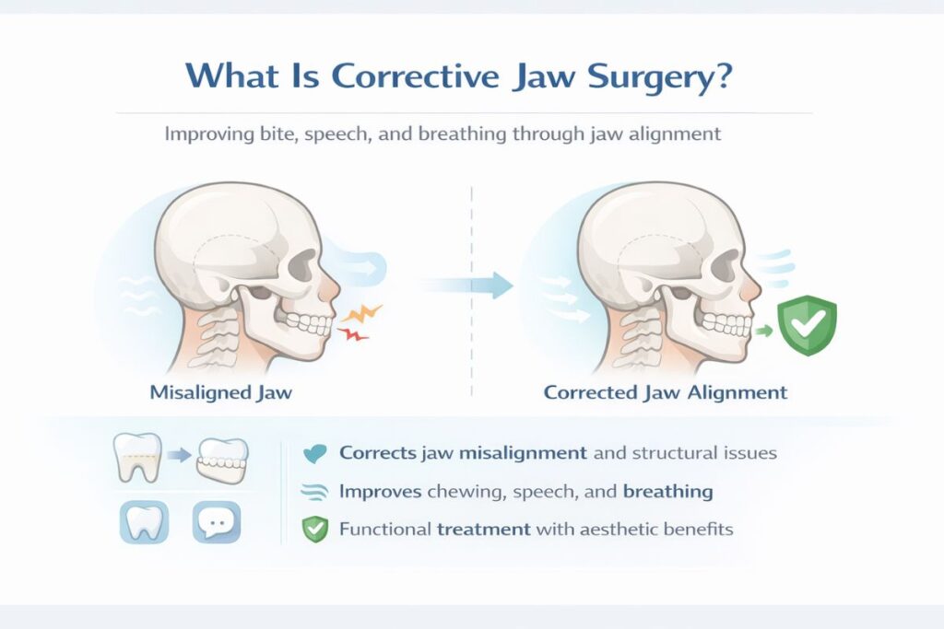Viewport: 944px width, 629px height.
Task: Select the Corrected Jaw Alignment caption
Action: tap(666, 392)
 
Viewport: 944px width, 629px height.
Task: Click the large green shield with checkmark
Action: tap(808, 325)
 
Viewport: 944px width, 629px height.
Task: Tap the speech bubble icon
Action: tap(217, 523)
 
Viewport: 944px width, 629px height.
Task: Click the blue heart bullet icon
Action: tap(315, 453)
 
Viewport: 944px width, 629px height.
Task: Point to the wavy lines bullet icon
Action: tap(315, 492)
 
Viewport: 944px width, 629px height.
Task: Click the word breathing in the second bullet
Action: tap(668, 492)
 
